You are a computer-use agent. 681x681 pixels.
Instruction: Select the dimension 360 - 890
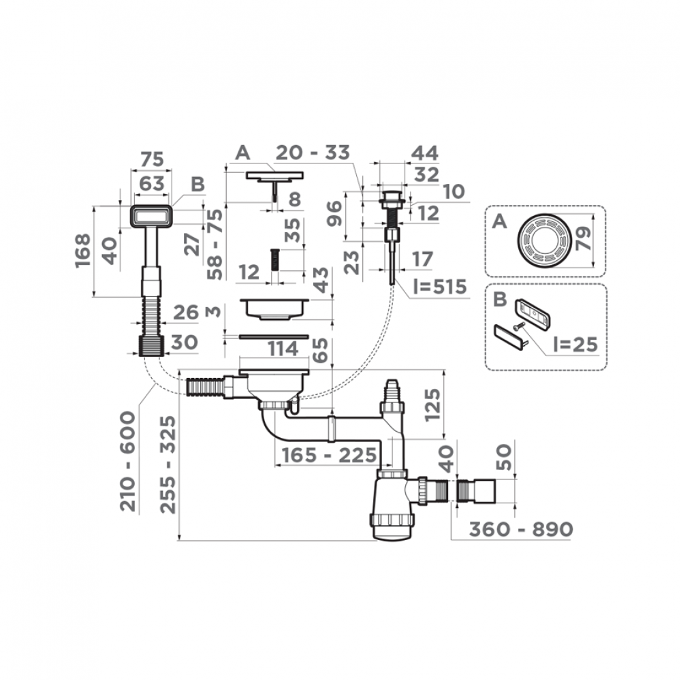(511, 529)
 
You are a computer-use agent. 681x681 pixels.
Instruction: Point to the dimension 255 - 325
(167, 464)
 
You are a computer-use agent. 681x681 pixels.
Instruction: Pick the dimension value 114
(283, 349)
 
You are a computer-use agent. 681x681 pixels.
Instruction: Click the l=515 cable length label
(440, 287)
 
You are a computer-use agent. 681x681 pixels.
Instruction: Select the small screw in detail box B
(518, 328)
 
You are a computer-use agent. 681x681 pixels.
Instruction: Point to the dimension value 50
(504, 454)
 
